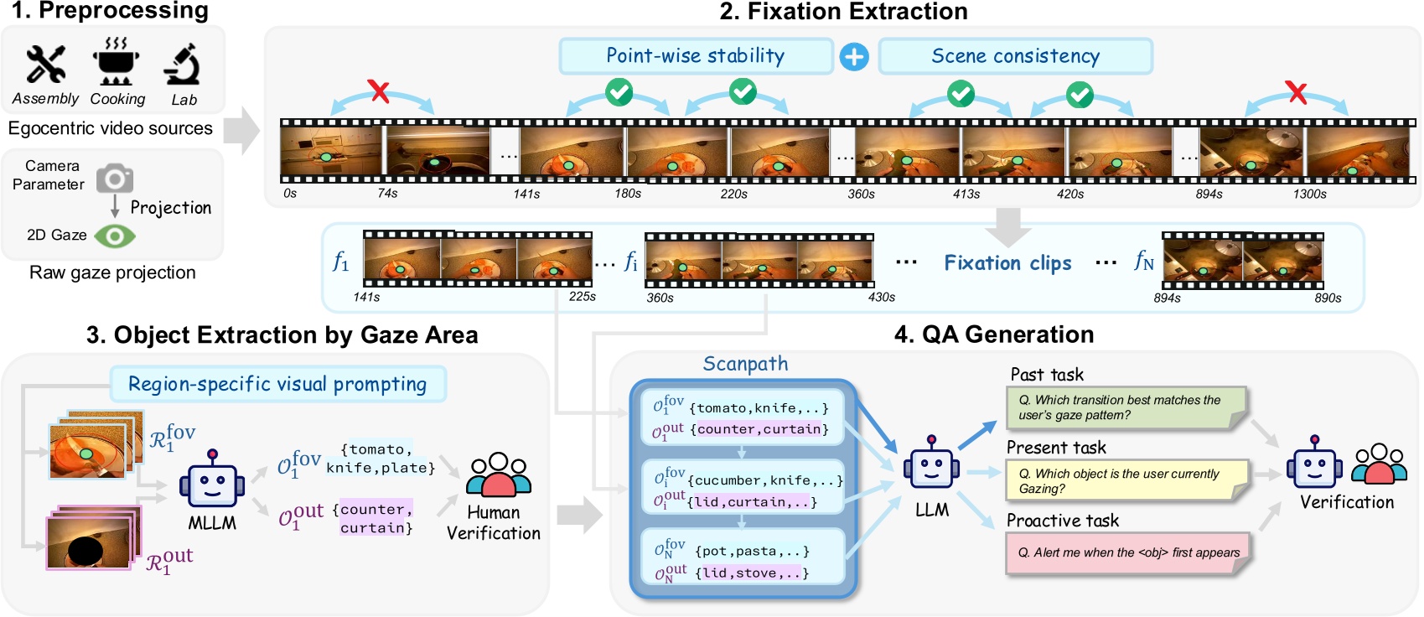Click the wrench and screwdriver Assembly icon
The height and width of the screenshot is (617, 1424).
[x=45, y=65]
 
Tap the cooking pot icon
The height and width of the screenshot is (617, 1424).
[x=116, y=62]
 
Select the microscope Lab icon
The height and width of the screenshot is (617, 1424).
[x=183, y=65]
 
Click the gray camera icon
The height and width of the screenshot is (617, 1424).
[x=115, y=179]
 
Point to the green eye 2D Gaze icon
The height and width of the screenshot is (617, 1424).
[x=115, y=236]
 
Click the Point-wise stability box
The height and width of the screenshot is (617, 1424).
[x=696, y=56]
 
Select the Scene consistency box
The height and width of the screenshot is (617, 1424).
[x=1015, y=56]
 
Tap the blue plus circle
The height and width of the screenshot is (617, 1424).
[x=854, y=57]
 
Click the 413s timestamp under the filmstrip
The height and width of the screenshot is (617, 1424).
[x=966, y=194]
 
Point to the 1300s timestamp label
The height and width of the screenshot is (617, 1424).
[x=1309, y=194]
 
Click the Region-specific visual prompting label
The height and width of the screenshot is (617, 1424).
[x=277, y=384]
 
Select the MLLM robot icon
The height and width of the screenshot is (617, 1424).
[x=212, y=482]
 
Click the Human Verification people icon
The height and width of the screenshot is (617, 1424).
[x=499, y=475]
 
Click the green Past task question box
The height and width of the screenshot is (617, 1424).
[x=1126, y=407]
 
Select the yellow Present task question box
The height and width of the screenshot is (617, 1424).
[x=1126, y=480]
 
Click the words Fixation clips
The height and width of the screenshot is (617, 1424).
[x=1007, y=263]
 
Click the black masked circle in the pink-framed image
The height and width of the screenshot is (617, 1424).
[x=85, y=550]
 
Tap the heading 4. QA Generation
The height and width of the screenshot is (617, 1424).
[x=993, y=334]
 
